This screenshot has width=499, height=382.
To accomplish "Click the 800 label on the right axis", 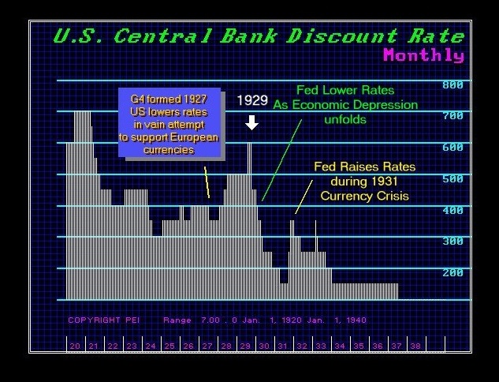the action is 452,85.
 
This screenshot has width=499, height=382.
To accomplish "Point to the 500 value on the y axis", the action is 452,179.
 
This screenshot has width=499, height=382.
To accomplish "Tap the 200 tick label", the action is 452,273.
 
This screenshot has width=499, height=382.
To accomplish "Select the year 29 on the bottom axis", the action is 245,346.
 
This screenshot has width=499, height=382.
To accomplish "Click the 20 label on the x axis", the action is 75,346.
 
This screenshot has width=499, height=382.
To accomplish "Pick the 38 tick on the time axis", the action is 415,346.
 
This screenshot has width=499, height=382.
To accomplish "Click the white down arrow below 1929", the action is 251,122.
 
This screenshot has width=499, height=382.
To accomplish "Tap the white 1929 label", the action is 253,100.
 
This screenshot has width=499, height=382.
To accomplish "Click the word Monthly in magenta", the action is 423,54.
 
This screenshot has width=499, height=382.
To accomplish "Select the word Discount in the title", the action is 342,36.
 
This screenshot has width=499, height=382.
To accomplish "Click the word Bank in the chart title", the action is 248,36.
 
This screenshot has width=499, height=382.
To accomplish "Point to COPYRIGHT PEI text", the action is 104,320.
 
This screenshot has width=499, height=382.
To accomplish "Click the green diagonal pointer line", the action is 281,160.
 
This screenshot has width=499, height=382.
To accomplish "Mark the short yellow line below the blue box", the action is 207,182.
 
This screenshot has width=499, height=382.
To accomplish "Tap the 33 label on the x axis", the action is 321,346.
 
